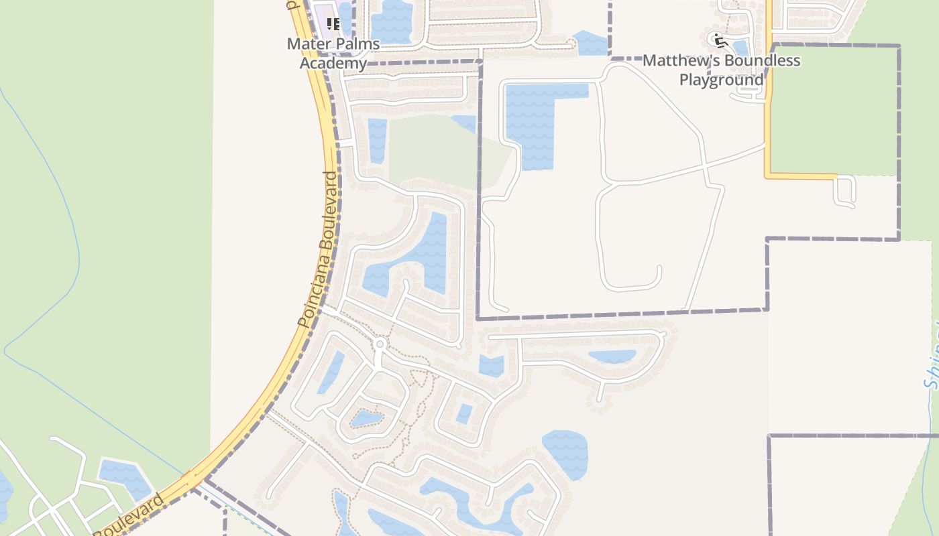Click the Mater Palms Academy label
pos(333,54)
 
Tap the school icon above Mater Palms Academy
pos(333,25)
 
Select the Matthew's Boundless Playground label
pos(722,70)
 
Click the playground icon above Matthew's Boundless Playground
pos(721,41)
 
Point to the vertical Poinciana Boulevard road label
pos(320,249)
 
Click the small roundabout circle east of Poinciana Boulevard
pos(380,344)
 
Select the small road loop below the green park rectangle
pos(844,192)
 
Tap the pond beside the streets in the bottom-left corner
pos(125,476)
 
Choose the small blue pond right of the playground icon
pos(740,48)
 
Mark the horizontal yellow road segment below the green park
pos(802,176)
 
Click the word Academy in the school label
pos(333,63)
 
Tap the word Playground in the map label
pos(722,80)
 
